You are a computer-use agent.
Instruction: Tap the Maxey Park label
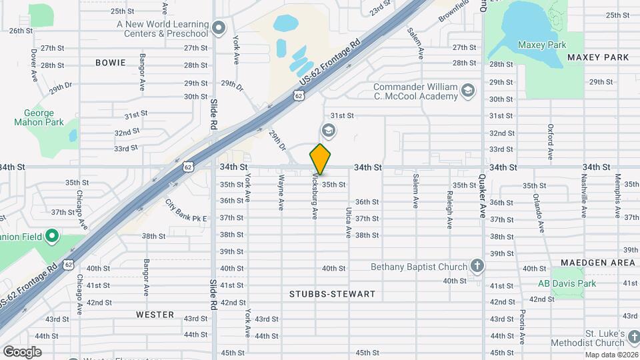click(x=541, y=45)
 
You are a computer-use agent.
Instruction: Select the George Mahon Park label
click(x=39, y=118)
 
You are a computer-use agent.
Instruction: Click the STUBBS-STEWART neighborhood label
click(x=333, y=294)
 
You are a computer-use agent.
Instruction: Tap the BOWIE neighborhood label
click(x=110, y=63)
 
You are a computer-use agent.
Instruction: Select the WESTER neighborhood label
click(x=155, y=314)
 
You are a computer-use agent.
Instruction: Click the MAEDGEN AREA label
click(x=598, y=263)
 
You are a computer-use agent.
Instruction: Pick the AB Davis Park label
click(x=567, y=283)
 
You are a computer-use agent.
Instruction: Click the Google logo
click(x=22, y=351)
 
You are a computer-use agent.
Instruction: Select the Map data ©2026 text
click(x=611, y=355)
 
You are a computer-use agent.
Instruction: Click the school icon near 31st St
click(x=327, y=129)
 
